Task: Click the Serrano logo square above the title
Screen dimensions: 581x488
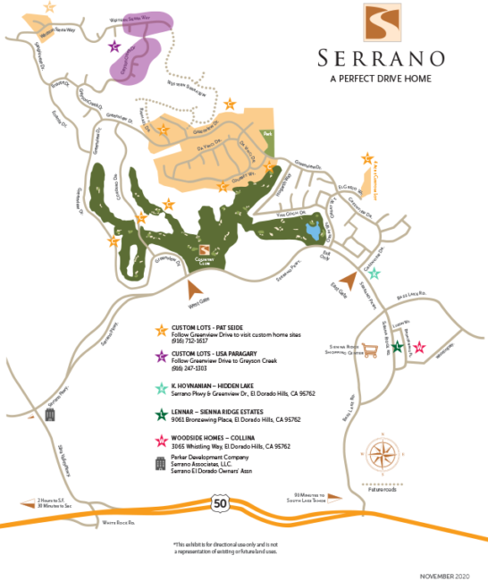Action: coord(383,24)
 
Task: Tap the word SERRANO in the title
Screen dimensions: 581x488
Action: coord(382,59)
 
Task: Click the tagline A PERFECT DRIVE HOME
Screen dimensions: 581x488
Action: coord(382,79)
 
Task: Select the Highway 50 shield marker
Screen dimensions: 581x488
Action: coord(219,505)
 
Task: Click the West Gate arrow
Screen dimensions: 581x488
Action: coord(194,286)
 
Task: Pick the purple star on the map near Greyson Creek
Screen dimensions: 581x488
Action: coord(114,46)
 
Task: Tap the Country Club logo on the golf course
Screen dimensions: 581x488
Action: coord(204,251)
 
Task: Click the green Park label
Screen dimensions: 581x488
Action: coord(266,134)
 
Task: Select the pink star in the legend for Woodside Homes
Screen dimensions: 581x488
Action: coord(161,441)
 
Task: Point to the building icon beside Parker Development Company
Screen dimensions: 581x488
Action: coord(161,463)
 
